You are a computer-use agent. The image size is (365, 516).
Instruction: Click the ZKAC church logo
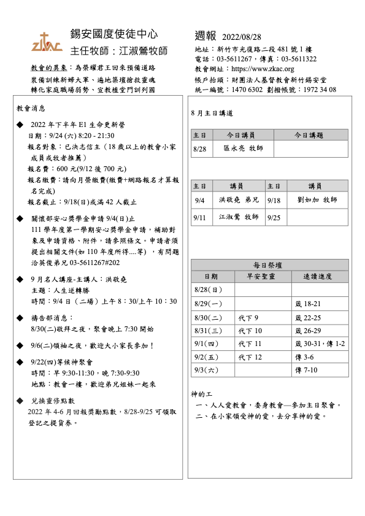tap(47, 42)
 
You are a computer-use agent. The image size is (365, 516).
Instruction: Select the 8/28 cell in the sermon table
tap(199, 148)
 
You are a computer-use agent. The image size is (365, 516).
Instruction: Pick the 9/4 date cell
tap(199, 200)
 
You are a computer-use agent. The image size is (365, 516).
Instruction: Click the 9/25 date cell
tap(275, 217)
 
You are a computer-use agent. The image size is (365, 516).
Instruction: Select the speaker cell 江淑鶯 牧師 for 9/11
tap(239, 217)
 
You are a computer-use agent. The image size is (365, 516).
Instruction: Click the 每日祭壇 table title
tap(269, 265)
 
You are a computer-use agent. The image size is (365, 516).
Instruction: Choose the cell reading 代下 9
tap(248, 317)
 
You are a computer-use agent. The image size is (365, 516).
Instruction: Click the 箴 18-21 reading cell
tap(309, 304)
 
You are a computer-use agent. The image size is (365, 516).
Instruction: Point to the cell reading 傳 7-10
tap(305, 370)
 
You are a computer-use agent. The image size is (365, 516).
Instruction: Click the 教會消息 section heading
tap(31, 108)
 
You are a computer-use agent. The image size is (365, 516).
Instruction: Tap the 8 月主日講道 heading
tap(212, 114)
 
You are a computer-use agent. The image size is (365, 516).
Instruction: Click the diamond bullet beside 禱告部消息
tap(20, 318)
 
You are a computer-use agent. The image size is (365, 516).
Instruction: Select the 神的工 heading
tap(200, 393)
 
